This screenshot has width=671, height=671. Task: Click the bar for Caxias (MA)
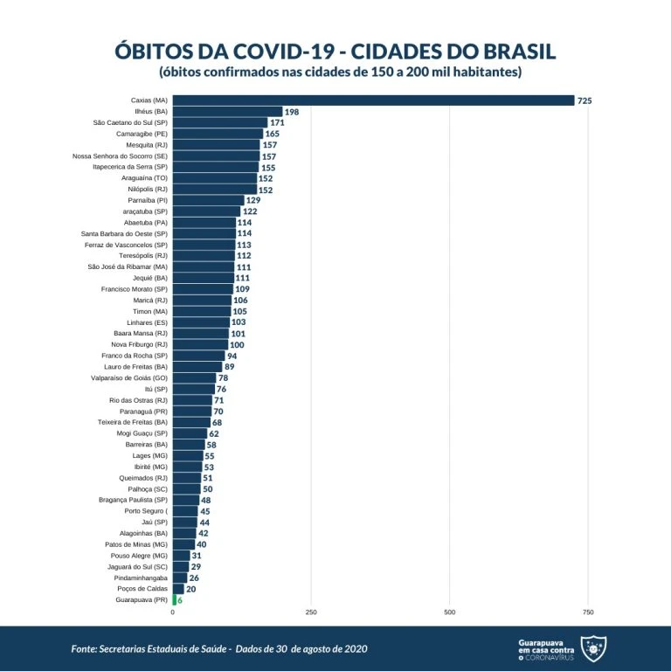coord(373,100)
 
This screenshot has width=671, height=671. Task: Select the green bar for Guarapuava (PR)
coord(174,600)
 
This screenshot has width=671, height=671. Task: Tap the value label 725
coord(585,101)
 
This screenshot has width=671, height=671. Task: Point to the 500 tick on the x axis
coord(449,613)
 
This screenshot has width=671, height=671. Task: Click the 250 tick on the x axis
coord(310,613)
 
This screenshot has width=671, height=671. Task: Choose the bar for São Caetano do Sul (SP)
coord(219,123)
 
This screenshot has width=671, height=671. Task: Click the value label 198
coord(292,113)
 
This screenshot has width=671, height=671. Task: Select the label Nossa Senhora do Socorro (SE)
coord(120,156)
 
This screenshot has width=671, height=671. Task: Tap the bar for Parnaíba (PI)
coord(208,200)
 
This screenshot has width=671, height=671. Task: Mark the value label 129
coord(253,201)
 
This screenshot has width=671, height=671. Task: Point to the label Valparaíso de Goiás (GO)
coord(129,377)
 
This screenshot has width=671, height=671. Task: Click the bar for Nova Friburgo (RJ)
coord(200,344)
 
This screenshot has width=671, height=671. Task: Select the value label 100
coord(237,345)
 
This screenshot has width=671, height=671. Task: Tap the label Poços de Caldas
coord(142,589)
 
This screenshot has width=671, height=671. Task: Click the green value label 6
coord(180,601)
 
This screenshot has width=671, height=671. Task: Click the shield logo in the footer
coord(593,647)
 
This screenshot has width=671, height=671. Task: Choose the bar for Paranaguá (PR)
coord(191,411)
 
